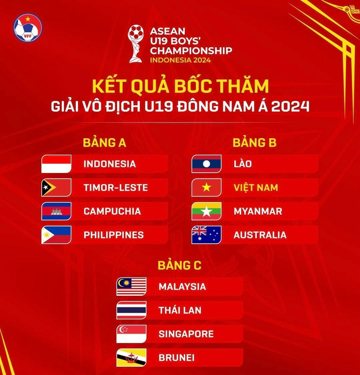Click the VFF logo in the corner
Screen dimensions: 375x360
point(28,28)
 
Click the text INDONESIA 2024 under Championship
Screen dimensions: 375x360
point(180,60)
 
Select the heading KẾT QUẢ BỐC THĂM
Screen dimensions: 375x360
point(180,85)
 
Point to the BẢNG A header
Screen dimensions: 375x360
point(105,143)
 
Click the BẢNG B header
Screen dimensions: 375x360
point(255,143)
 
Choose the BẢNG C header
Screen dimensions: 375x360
point(180,265)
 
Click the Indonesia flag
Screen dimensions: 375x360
point(56,164)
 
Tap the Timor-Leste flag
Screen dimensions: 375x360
point(56,188)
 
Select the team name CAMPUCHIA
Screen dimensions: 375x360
point(112,212)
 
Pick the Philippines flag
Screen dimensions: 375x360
point(56,235)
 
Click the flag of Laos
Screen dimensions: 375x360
point(206,164)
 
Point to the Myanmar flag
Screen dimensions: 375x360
point(206,212)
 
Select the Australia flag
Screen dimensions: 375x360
point(206,235)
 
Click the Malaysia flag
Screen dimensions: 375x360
point(131,287)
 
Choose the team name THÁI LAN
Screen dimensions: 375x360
point(180,310)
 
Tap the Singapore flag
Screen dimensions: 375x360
point(131,334)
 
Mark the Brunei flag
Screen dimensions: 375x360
point(131,358)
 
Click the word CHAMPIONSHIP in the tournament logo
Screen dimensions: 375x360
point(191,50)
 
